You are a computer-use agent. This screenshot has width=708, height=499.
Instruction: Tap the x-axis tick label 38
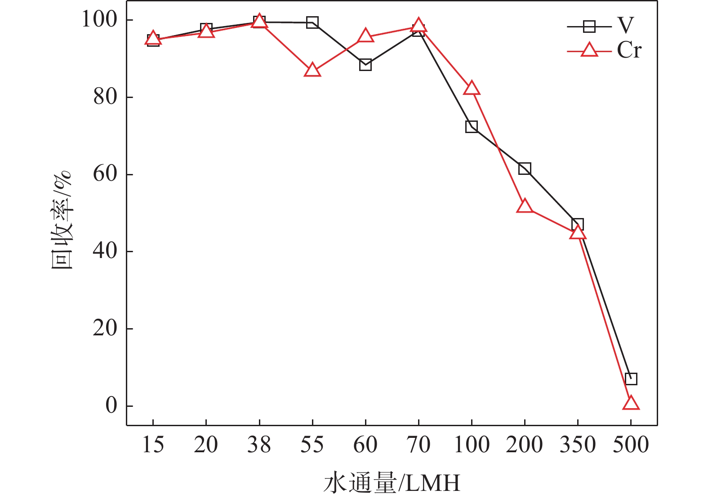[x=259, y=445]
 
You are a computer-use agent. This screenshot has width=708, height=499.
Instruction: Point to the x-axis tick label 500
[x=631, y=445]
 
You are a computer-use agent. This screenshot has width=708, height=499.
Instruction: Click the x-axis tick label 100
[x=472, y=445]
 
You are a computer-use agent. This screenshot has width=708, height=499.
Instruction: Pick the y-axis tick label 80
[x=105, y=97]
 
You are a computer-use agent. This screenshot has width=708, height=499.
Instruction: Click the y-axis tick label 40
[x=105, y=251]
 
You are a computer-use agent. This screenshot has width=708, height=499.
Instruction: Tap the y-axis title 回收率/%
[x=62, y=220]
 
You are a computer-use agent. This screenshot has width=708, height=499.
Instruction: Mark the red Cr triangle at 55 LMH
[x=312, y=71]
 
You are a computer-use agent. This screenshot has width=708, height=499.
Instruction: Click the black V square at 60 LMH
[x=365, y=65]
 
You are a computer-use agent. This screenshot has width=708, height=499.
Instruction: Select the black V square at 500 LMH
[x=631, y=379]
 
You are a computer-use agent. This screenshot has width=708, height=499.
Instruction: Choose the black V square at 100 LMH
[x=472, y=126]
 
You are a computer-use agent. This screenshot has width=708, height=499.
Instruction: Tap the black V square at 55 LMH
[x=312, y=22]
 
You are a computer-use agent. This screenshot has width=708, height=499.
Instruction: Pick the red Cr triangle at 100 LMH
[x=472, y=89]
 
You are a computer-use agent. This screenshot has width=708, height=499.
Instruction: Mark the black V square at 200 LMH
[x=525, y=169]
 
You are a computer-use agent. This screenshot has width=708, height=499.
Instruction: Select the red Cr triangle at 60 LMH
[x=365, y=36]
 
